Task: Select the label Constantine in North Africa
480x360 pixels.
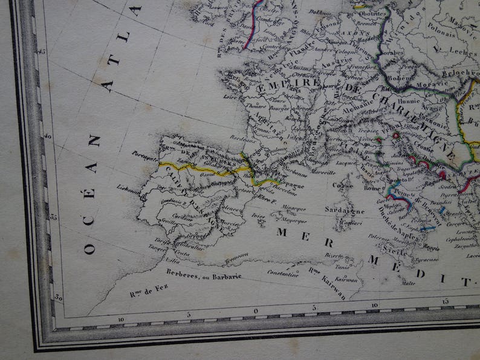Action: point(283,273)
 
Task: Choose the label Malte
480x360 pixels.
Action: point(409,282)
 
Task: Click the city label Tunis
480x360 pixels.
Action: point(343,265)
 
